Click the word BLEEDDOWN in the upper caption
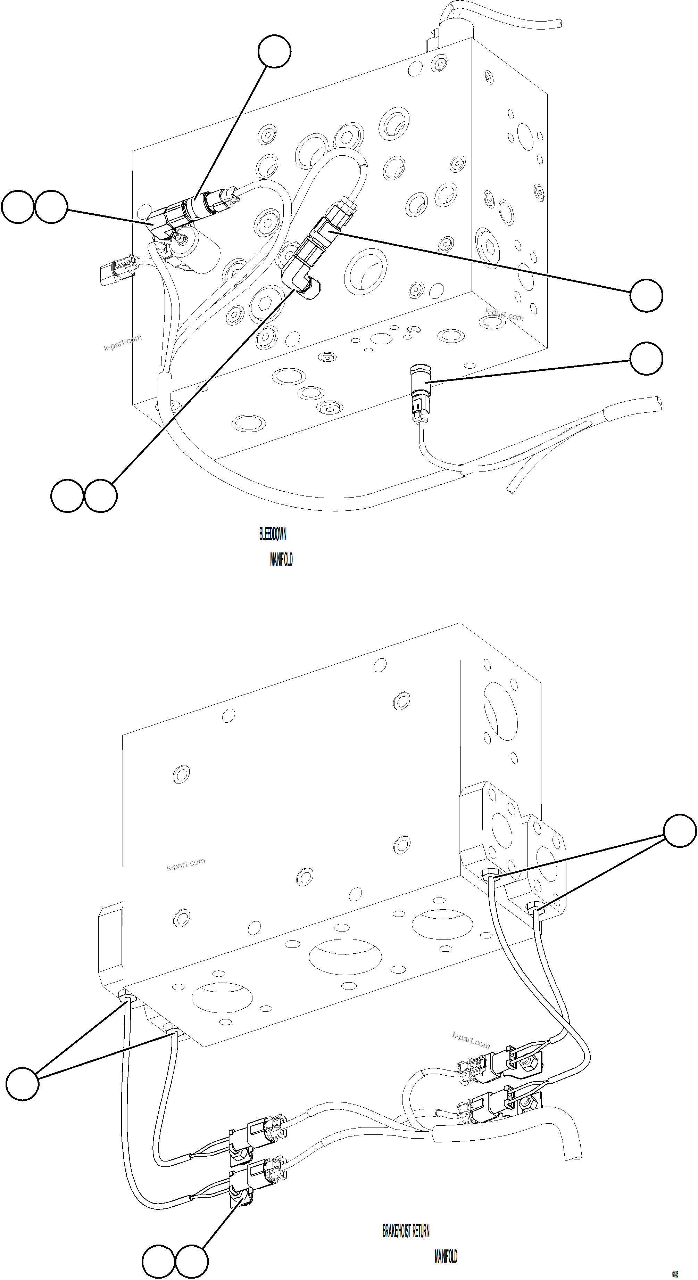tap(273, 534)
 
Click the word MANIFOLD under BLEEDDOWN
tap(281, 559)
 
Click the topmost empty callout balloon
tap(274, 51)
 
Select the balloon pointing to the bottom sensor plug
tap(646, 358)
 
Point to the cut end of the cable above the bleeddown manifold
tap(558, 22)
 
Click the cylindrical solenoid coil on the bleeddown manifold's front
tap(199, 251)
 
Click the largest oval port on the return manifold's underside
tap(345, 957)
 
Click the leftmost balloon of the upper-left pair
tap(18, 207)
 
